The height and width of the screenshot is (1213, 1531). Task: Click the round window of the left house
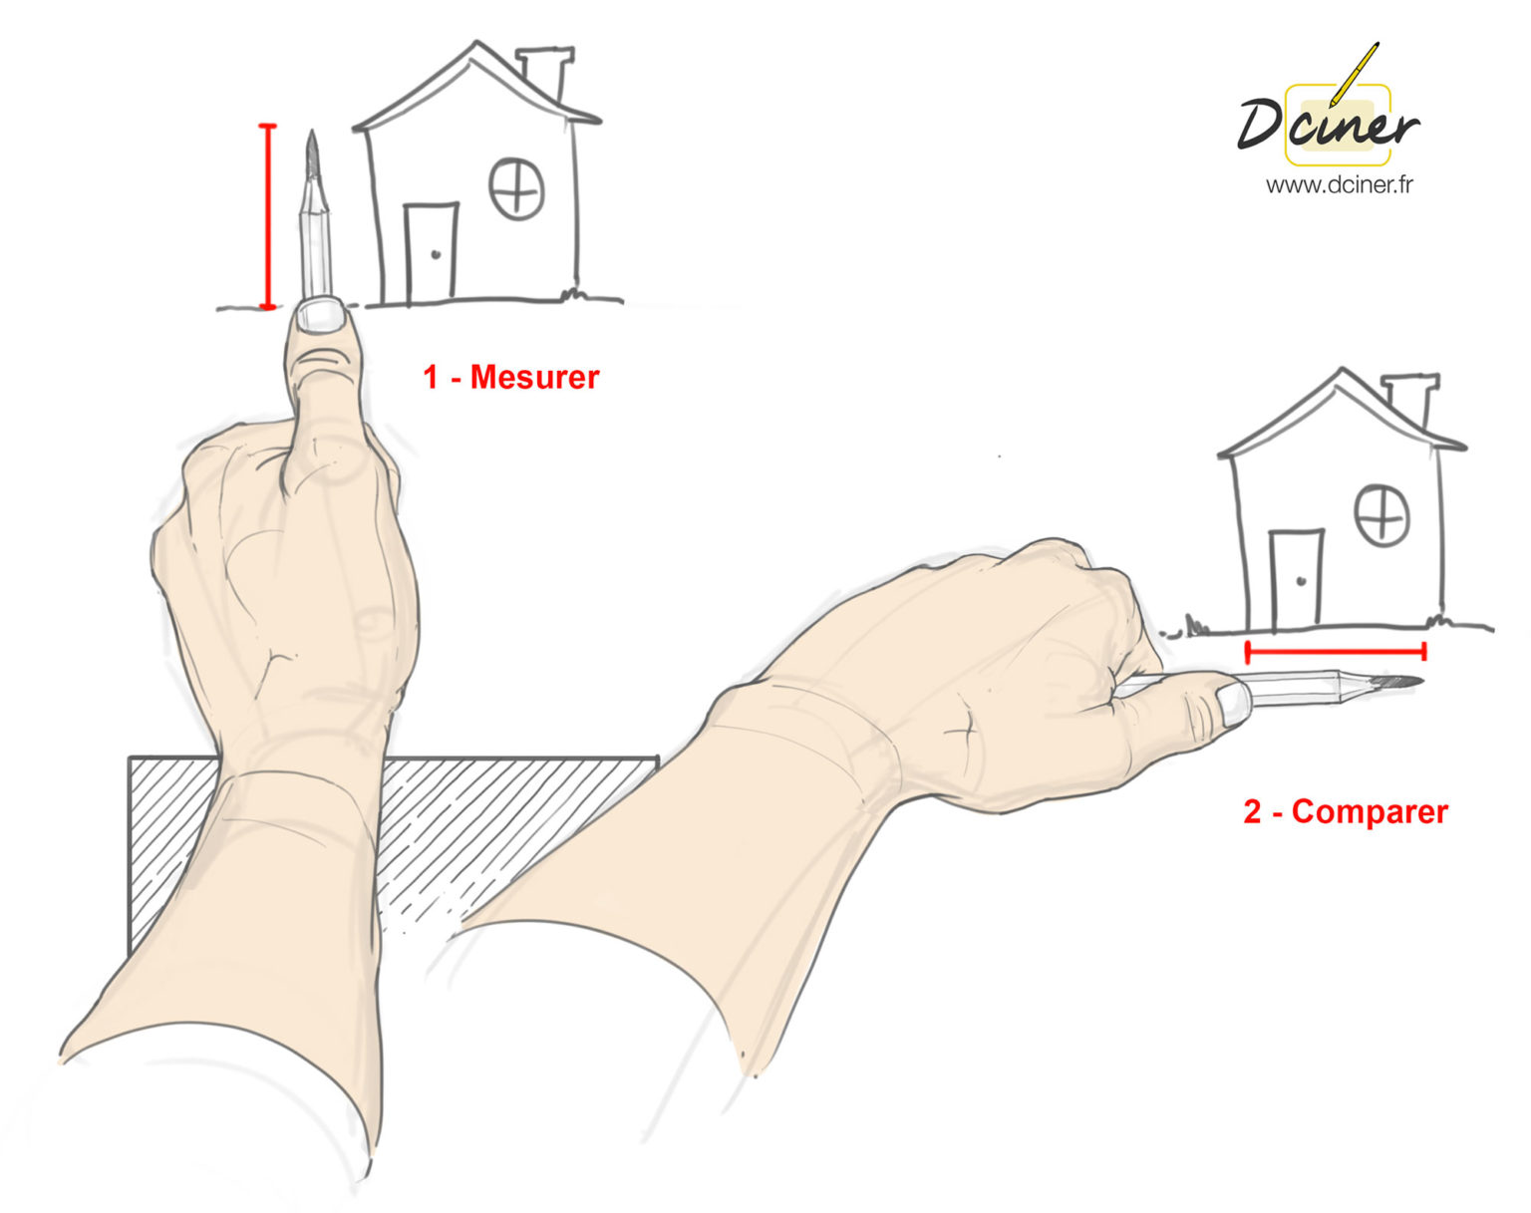pyautogui.click(x=516, y=188)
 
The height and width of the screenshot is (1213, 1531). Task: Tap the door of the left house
pyautogui.click(x=431, y=252)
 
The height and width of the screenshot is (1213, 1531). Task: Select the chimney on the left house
pyautogui.click(x=545, y=70)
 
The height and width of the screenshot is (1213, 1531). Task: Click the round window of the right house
pyautogui.click(x=1381, y=514)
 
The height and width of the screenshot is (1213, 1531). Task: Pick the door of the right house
pyautogui.click(x=1296, y=579)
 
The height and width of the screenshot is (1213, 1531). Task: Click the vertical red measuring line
pyautogui.click(x=266, y=216)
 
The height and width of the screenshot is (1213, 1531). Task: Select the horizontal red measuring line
pyautogui.click(x=1336, y=652)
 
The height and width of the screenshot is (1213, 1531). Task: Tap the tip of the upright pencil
pyautogui.click(x=312, y=140)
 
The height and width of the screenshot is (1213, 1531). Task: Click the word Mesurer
pyautogui.click(x=534, y=377)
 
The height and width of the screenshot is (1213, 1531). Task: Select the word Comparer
pyautogui.click(x=1370, y=811)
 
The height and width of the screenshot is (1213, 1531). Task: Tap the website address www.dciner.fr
pyautogui.click(x=1339, y=184)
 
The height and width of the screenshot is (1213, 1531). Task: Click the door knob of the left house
pyautogui.click(x=436, y=254)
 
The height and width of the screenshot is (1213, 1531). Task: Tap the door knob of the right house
pyautogui.click(x=1301, y=580)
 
